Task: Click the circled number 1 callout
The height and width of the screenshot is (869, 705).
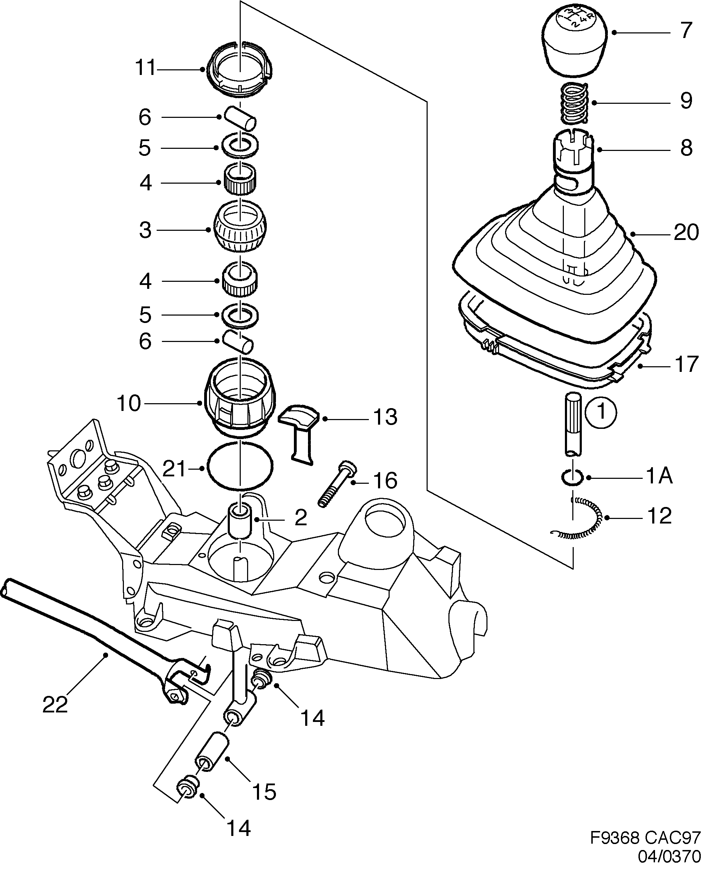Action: [x=600, y=412]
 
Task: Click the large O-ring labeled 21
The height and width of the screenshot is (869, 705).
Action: [x=240, y=467]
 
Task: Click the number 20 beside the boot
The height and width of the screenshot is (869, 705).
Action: [x=686, y=233]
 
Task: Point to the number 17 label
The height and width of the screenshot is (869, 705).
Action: [x=686, y=364]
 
